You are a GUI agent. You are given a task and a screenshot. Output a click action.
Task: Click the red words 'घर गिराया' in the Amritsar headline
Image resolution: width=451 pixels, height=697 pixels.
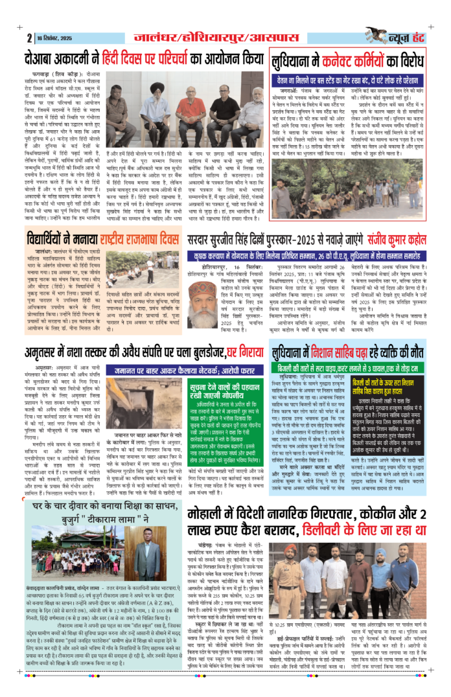click(x=241, y=347)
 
